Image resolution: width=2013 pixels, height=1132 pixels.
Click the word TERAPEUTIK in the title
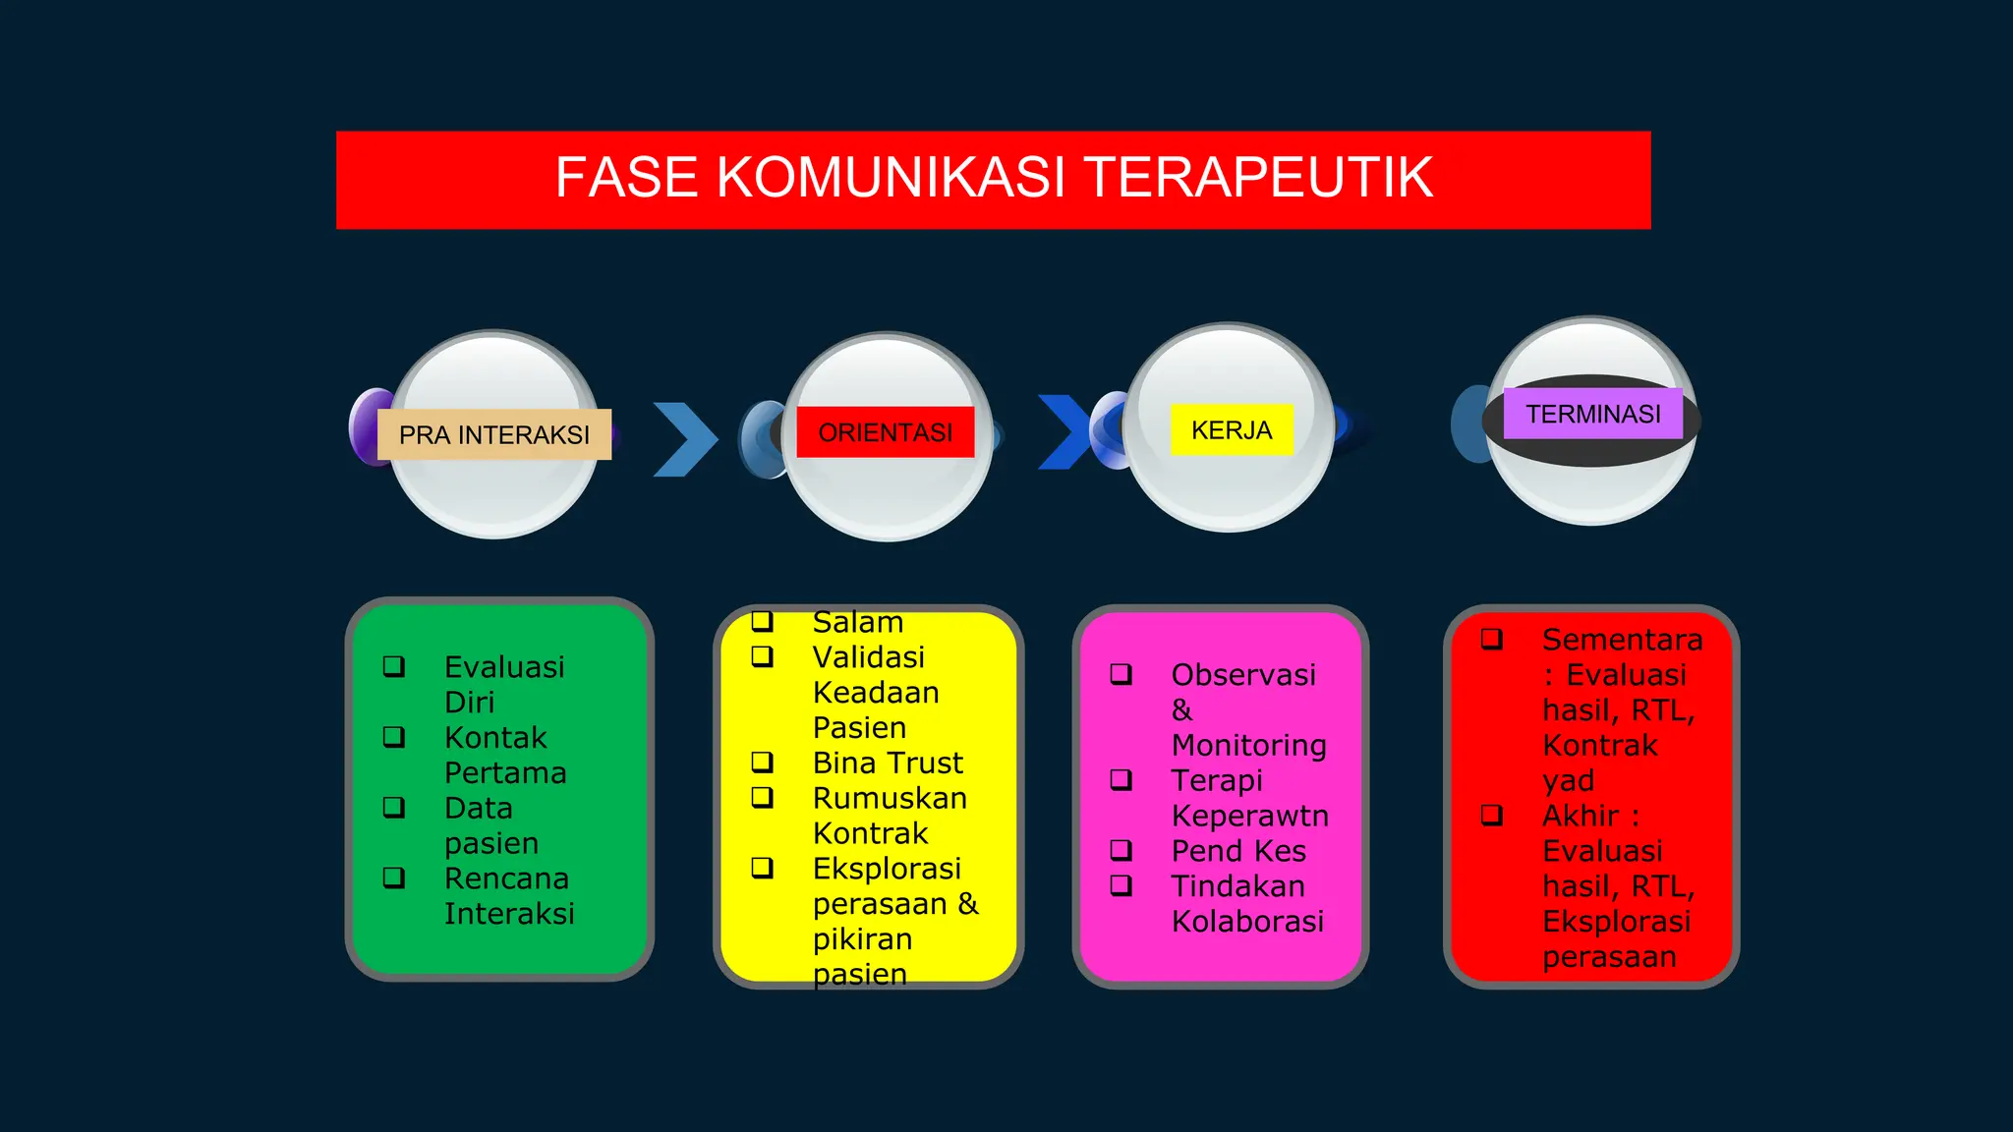pyautogui.click(x=1259, y=178)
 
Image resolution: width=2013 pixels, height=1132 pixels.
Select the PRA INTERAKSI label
pyautogui.click(x=494, y=434)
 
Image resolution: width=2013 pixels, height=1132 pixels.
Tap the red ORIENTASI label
pyautogui.click(x=885, y=432)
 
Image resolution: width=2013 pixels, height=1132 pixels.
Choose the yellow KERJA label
pyautogui.click(x=1231, y=430)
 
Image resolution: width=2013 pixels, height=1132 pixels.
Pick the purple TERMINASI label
pyautogui.click(x=1592, y=414)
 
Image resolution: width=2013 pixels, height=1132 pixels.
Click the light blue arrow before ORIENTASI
pyautogui.click(x=685, y=439)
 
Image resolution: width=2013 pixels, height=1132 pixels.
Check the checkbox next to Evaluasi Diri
pyautogui.click(x=394, y=666)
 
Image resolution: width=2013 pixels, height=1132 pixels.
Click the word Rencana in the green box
pyautogui.click(x=506, y=878)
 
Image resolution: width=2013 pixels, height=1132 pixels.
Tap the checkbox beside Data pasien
pyautogui.click(x=394, y=808)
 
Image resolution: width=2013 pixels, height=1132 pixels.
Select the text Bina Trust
pyautogui.click(x=888, y=763)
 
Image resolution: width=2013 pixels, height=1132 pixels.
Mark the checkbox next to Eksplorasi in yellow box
pyautogui.click(x=763, y=868)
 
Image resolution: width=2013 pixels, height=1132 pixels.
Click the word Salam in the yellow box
pyautogui.click(x=857, y=622)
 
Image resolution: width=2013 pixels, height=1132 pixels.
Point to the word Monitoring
pyautogui.click(x=1248, y=745)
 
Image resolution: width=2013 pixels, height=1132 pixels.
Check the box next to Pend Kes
pyautogui.click(x=1122, y=850)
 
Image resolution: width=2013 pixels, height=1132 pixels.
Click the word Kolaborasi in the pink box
pyautogui.click(x=1247, y=922)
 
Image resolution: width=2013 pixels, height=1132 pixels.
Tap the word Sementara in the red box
pyautogui.click(x=1622, y=640)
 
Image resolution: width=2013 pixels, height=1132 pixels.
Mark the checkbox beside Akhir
pyautogui.click(x=1492, y=815)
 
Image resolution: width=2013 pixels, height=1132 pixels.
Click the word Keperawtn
pyautogui.click(x=1249, y=816)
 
